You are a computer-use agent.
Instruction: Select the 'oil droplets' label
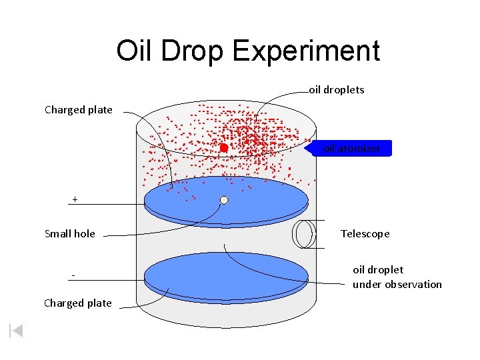pyautogui.click(x=337, y=89)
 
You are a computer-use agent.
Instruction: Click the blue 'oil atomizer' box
pyautogui.click(x=352, y=148)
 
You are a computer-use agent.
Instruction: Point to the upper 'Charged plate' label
pyautogui.click(x=78, y=109)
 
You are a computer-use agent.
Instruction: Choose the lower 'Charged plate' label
pyautogui.click(x=77, y=303)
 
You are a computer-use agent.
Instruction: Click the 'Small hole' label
pyautogui.click(x=69, y=233)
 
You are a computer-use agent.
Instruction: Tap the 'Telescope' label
pyautogui.click(x=365, y=233)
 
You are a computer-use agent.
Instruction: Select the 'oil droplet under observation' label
pyautogui.click(x=397, y=277)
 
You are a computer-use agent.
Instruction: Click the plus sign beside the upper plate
pyautogui.click(x=75, y=199)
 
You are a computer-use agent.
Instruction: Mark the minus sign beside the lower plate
pyautogui.click(x=73, y=276)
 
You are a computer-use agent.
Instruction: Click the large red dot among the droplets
pyautogui.click(x=224, y=147)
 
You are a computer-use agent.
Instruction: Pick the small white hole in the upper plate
pyautogui.click(x=224, y=200)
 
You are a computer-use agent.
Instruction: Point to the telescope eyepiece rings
pyautogui.click(x=305, y=233)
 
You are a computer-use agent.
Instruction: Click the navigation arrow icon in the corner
pyautogui.click(x=17, y=331)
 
